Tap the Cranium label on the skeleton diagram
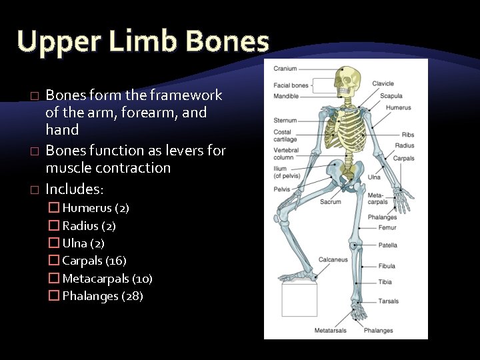tap(285, 69)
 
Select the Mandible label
tap(286, 96)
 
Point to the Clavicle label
tap(383, 84)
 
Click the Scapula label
tap(391, 96)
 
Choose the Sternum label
tap(285, 121)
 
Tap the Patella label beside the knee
tap(387, 245)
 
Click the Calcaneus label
tap(333, 260)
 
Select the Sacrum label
tap(331, 202)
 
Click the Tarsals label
tap(389, 301)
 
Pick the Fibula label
tap(387, 266)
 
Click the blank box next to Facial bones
tap(323, 85)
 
